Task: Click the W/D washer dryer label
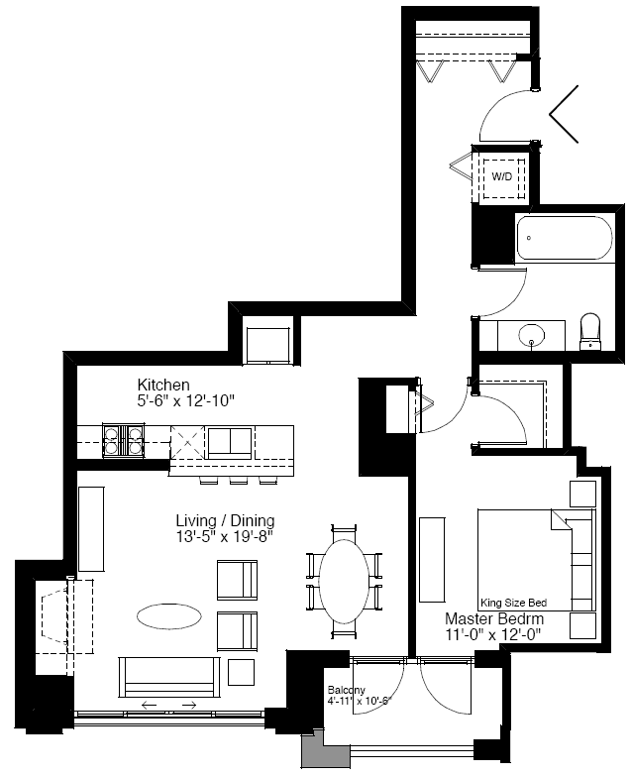coord(502,176)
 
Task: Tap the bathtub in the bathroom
coord(565,238)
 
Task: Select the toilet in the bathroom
coord(590,331)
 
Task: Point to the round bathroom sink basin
coord(532,336)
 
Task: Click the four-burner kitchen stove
coord(124,440)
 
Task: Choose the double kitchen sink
coord(230,443)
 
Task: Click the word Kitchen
coord(163,385)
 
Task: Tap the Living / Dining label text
coord(225,520)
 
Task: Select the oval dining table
coord(344,581)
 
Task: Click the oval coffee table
coord(169,616)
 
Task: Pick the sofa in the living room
coord(169,677)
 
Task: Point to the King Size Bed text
coord(514,603)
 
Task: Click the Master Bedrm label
coord(494,618)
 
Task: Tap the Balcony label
coord(346,690)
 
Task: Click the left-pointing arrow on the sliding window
coord(149,705)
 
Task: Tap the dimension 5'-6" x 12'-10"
coord(185,400)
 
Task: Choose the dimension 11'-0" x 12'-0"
coord(493,634)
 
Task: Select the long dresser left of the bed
coord(432,560)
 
